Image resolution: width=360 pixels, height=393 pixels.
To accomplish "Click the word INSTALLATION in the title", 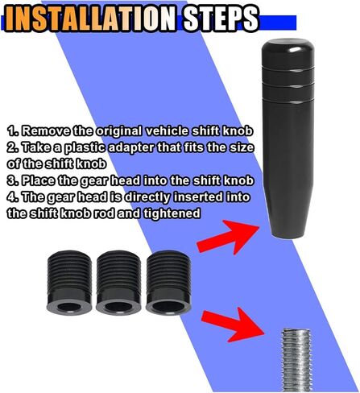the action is [x=90, y=19].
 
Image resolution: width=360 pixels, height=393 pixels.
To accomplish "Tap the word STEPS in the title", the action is [x=221, y=19].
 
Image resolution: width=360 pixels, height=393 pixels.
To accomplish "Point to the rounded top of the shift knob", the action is [x=288, y=46].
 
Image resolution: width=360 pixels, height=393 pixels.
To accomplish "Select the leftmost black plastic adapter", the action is [x=69, y=283].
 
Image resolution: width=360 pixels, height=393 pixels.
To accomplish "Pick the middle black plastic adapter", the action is [x=118, y=283].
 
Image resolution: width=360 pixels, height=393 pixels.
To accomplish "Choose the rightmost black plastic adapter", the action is [x=168, y=283].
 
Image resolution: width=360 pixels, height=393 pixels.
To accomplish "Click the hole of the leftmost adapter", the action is [x=69, y=306].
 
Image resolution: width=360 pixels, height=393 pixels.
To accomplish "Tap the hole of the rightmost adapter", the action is [x=168, y=306].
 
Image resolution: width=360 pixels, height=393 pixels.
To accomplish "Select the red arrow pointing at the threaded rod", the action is [x=233, y=325].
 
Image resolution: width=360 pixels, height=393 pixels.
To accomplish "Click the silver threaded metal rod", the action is [x=296, y=361].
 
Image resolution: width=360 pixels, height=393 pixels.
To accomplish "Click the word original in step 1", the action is [x=118, y=132].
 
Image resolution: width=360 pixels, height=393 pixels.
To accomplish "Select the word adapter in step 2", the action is [x=131, y=148].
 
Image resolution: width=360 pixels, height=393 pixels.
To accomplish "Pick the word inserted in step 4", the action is [x=197, y=196].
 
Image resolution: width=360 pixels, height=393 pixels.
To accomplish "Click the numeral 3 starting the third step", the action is [x=11, y=180].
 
